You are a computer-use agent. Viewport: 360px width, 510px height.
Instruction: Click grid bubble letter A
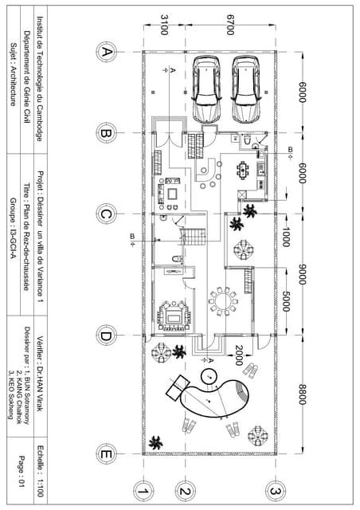(105, 52)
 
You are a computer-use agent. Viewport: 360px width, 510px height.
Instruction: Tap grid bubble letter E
(105, 455)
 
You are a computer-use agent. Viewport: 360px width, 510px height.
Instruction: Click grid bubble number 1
(143, 489)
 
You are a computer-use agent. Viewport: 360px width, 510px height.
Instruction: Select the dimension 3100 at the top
(163, 24)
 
